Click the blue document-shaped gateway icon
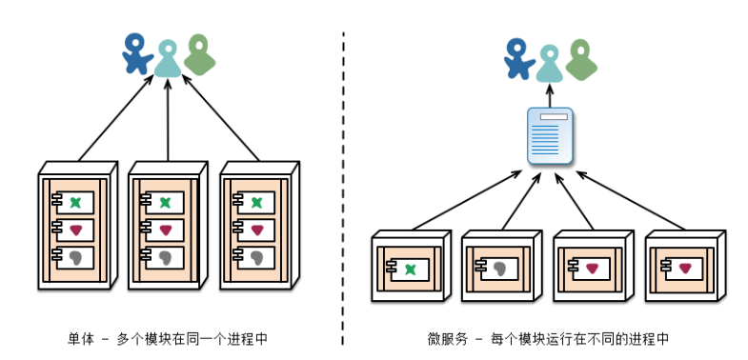click(549, 137)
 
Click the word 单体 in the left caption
click(80, 338)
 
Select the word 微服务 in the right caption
click(445, 338)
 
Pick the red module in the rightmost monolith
click(256, 230)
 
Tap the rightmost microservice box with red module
click(684, 266)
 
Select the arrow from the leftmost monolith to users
click(114, 119)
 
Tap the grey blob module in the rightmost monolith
click(256, 257)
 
